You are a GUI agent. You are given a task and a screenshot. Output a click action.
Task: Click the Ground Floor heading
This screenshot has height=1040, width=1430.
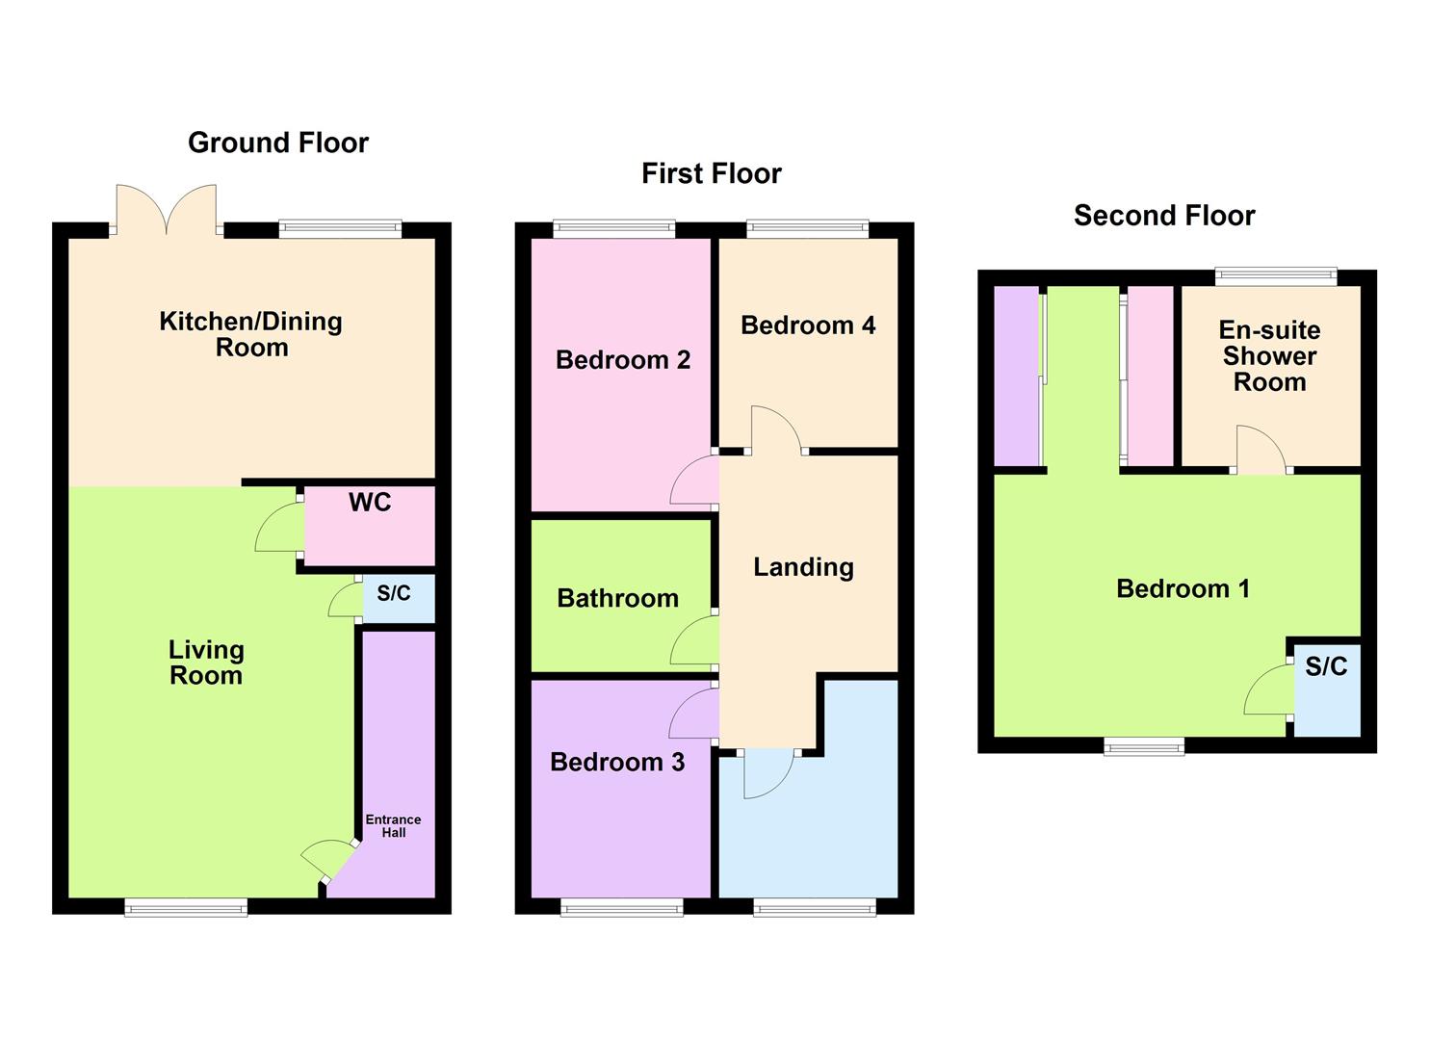[x=277, y=143]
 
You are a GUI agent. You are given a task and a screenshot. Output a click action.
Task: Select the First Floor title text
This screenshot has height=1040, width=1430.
[x=711, y=173]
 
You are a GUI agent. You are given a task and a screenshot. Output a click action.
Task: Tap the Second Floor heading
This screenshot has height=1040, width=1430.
[x=1163, y=216]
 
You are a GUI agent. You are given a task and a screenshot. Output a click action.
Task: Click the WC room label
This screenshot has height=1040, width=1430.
[x=370, y=502]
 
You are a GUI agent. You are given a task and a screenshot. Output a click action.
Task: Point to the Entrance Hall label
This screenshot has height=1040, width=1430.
[x=393, y=826]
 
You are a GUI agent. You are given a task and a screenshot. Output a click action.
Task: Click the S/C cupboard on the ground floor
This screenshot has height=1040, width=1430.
[x=394, y=594]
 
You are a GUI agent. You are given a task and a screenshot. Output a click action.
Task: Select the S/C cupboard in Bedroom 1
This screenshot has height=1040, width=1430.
[x=1326, y=666]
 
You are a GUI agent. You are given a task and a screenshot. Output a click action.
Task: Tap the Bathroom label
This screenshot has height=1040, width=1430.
[x=617, y=598]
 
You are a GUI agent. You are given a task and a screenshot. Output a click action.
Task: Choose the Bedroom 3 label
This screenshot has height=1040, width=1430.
[x=616, y=762]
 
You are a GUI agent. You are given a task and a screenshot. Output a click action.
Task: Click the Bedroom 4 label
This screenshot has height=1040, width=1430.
[x=808, y=325]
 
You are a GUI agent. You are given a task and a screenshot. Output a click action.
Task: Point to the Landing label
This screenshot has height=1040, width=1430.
[x=803, y=567]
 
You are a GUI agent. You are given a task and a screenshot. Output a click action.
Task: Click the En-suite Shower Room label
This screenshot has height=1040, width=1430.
[x=1269, y=356]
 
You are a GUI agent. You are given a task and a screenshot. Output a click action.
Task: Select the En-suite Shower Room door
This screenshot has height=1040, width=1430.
[x=1261, y=451]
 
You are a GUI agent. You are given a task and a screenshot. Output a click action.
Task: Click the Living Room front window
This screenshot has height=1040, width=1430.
[x=186, y=906]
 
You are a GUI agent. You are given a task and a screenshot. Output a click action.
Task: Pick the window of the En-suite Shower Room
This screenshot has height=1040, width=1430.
[x=1276, y=277]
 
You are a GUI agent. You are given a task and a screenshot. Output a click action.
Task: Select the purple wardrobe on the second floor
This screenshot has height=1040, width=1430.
[x=1016, y=376]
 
